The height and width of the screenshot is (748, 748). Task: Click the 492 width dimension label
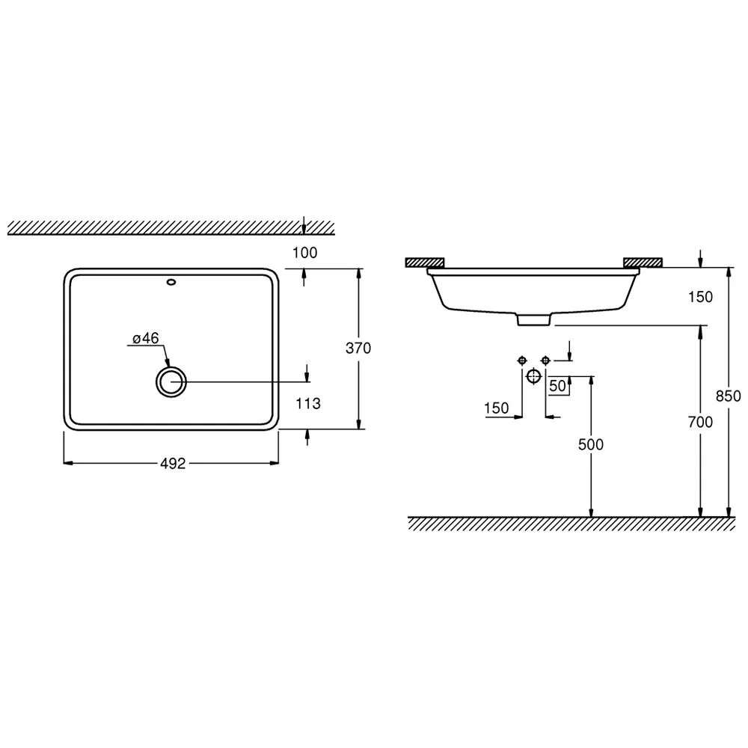pos(173,463)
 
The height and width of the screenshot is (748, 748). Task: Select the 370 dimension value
pos(358,349)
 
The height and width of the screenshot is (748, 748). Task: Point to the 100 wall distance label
pos(305,252)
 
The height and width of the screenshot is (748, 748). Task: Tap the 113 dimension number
pos(308,404)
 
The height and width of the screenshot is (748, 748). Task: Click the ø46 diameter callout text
pos(146,338)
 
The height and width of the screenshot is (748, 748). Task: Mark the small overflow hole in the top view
pos(171,282)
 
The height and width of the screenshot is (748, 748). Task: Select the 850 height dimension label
pos(729,396)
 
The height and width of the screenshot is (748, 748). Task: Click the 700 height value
pos(700,422)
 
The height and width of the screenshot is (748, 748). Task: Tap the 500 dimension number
pos(591,444)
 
